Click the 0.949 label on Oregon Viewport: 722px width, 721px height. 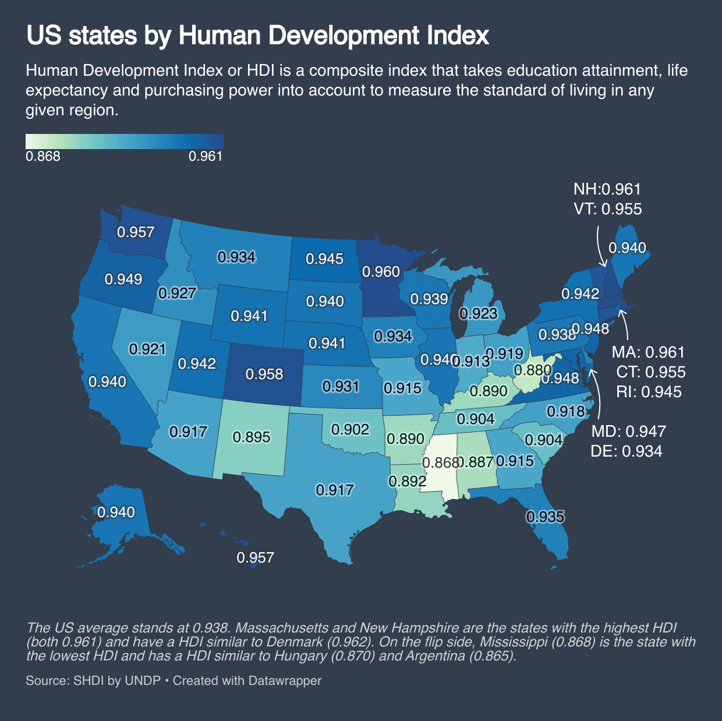pos(123,280)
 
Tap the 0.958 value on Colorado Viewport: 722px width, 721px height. pos(264,374)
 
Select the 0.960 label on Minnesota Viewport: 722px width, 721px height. pos(381,272)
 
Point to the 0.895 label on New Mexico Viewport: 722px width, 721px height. pos(252,437)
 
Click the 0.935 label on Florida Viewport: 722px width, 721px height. pos(546,517)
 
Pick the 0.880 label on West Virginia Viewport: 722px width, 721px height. pos(532,370)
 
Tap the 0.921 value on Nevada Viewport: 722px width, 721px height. pos(148,349)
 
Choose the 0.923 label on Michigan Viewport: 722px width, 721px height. pos(479,314)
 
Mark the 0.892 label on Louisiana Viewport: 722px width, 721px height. pos(408,481)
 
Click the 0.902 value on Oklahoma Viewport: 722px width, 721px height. pos(351,429)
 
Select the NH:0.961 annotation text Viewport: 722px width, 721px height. pos(607,189)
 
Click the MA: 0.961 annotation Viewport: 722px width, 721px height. pos(648,352)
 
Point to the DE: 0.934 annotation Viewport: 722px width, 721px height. pos(627,451)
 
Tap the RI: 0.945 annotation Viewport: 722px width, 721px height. pos(649,391)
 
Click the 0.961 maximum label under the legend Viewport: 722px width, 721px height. pos(206,157)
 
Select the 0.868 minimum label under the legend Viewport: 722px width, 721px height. pos(43,157)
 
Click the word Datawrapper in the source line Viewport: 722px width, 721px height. pos(285,680)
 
